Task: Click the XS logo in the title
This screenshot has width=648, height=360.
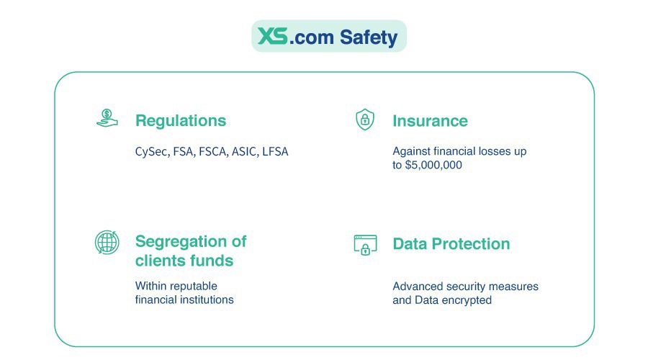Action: (x=273, y=35)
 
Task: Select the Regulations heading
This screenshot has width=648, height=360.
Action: (x=180, y=121)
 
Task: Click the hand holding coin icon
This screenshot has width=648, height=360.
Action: (x=107, y=119)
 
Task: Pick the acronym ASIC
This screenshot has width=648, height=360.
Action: (x=244, y=152)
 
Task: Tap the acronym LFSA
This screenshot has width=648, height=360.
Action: (x=276, y=152)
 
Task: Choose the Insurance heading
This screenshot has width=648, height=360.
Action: (x=430, y=121)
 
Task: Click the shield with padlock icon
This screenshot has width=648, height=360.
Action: (x=365, y=119)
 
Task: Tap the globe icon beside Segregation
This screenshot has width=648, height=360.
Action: (x=107, y=242)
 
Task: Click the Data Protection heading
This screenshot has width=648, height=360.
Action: (x=451, y=244)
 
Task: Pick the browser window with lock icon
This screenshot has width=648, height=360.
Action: (x=365, y=245)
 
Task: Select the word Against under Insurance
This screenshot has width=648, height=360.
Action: (x=411, y=152)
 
